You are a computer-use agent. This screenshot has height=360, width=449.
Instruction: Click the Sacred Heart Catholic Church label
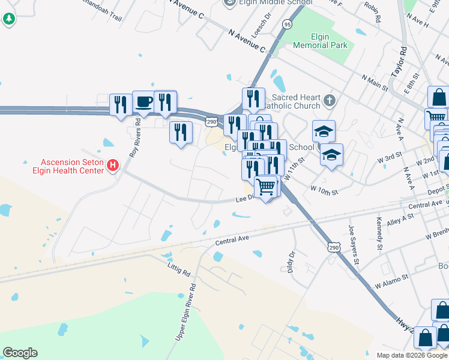294,101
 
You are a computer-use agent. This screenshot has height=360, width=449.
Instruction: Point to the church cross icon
328,99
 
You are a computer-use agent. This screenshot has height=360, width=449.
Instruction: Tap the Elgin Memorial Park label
320,41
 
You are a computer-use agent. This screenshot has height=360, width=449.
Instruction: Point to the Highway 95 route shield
288,25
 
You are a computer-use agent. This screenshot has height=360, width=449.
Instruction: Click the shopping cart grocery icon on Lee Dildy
266,186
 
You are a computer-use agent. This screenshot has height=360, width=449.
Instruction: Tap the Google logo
20,353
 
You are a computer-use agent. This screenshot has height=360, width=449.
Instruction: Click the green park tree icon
9,19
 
